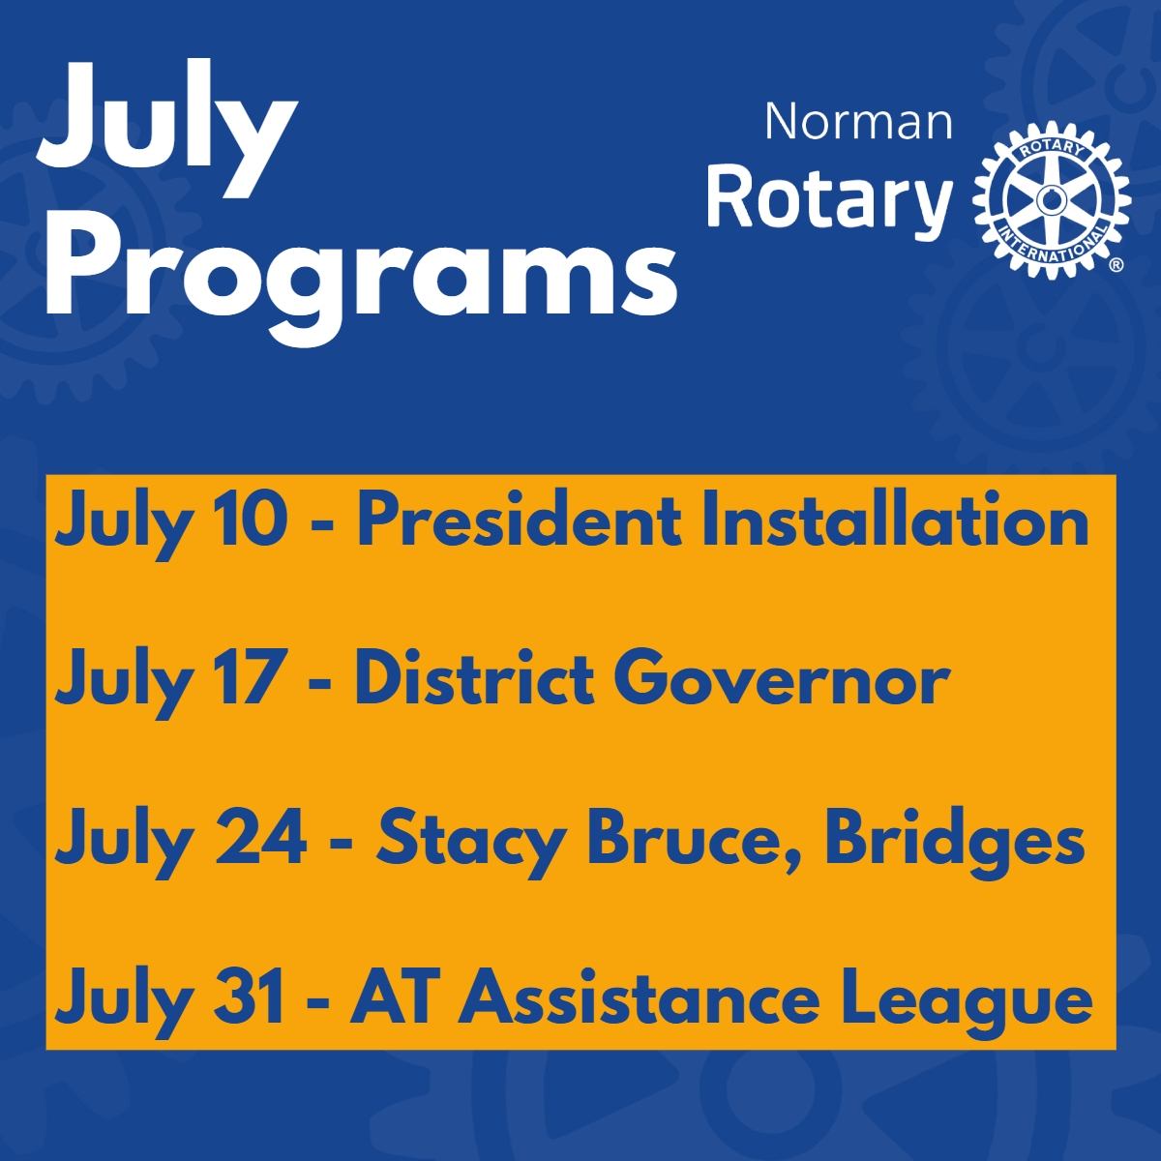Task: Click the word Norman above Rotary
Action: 858,122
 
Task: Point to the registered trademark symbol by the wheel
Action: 1116,264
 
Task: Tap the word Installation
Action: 895,522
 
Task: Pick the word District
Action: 474,680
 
